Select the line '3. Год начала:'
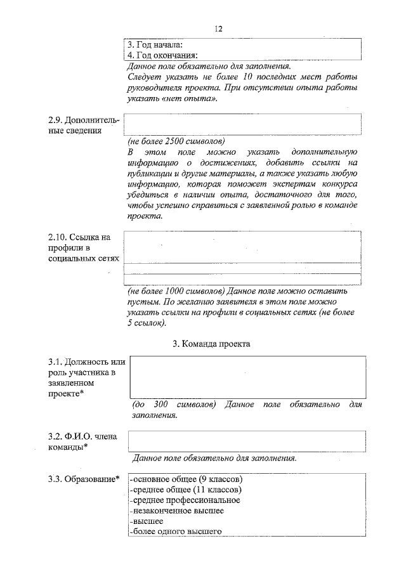click(155, 45)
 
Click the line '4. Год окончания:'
click(162, 55)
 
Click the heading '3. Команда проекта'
click(212, 344)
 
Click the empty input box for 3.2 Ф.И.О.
click(247, 440)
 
